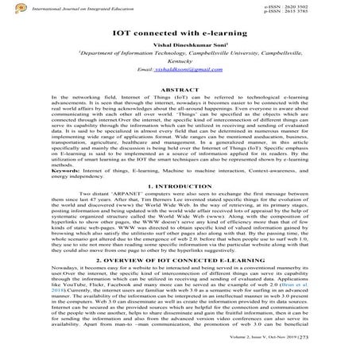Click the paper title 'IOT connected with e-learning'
[179, 32]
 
